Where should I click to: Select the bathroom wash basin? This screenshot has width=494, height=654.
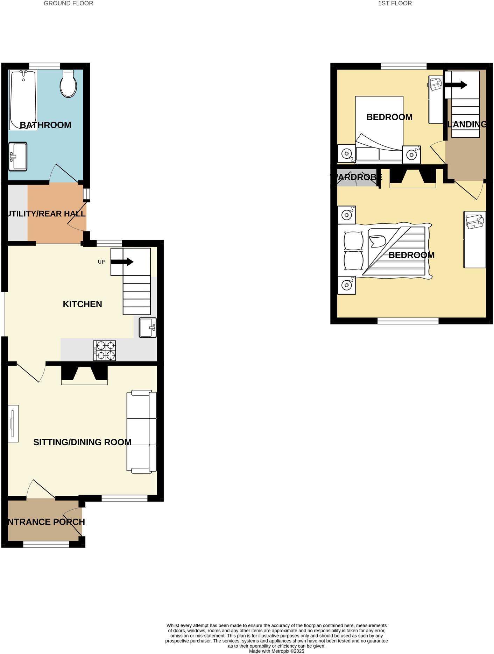[x=18, y=156]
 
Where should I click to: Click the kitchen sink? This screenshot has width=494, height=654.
[x=148, y=328]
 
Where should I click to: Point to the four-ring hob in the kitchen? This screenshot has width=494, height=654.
[x=105, y=351]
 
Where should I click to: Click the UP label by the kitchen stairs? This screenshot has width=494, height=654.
[x=101, y=262]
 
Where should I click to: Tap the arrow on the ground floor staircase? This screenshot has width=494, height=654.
[x=122, y=261]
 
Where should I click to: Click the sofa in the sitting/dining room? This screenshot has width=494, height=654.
[x=142, y=432]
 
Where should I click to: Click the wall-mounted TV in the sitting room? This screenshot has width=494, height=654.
[x=13, y=423]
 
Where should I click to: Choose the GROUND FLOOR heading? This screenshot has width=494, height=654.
[x=68, y=3]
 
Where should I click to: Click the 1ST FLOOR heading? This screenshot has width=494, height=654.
[x=395, y=3]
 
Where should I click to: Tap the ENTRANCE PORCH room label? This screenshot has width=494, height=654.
[x=46, y=522]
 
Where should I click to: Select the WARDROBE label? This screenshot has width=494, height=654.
[x=356, y=177]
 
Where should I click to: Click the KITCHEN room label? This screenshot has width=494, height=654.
[x=82, y=304]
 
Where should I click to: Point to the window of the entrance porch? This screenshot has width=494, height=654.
[x=46, y=544]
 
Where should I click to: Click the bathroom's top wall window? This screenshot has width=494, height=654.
[x=44, y=66]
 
